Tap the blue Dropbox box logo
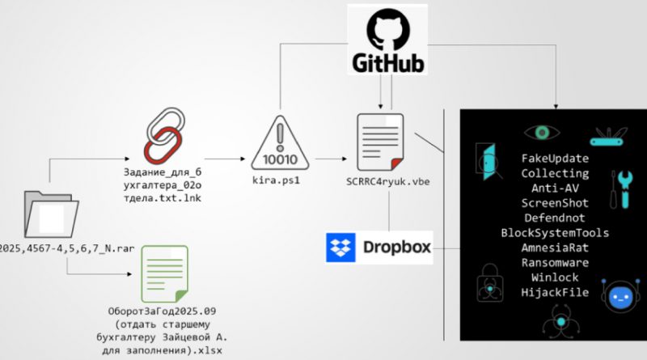tap(340, 248)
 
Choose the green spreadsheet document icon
tap(164, 273)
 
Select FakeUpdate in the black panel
tap(555, 159)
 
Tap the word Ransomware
tap(555, 262)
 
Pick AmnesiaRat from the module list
tap(555, 248)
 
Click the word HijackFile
tap(555, 292)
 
